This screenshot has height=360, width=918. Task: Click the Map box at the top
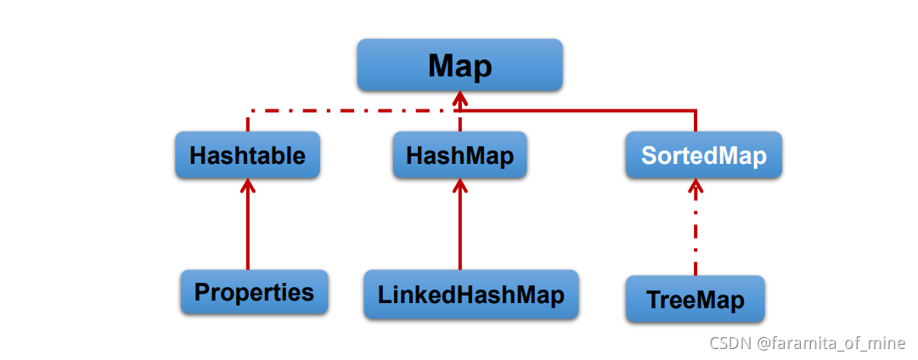[459, 65]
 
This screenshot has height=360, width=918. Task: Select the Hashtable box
[247, 155]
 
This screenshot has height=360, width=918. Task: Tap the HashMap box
[459, 155]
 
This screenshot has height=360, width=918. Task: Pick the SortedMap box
[703, 155]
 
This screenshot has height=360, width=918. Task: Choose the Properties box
[254, 293]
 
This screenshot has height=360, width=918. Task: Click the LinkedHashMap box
[470, 295]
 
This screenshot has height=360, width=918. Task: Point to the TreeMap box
[695, 299]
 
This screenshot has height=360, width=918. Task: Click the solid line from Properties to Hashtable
[248, 229]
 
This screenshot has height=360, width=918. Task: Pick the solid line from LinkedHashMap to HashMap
[459, 229]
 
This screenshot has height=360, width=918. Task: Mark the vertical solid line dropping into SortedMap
[696, 121]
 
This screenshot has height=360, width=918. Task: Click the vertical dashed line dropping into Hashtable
[248, 121]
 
